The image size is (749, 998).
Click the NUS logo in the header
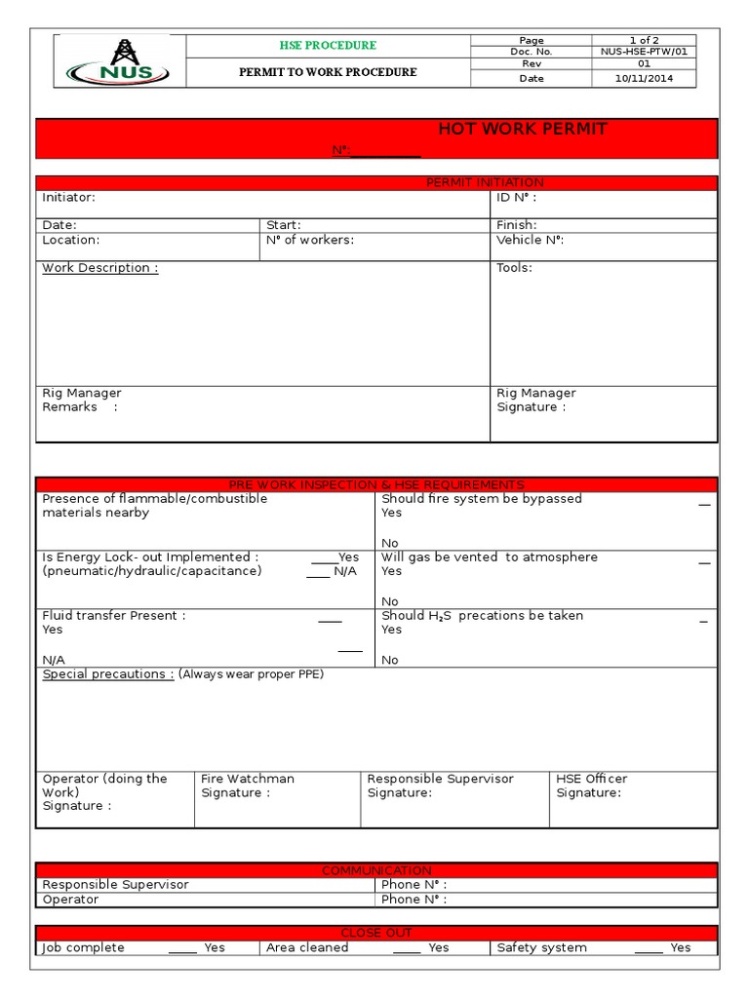point(119,60)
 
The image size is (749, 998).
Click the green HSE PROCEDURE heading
point(327,46)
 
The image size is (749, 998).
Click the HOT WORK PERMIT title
point(522,130)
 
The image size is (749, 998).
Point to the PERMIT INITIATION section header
point(485,183)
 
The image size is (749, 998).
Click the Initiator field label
point(68,198)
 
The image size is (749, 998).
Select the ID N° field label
point(516,198)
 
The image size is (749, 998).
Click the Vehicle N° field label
point(530,240)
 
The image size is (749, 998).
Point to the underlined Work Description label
point(99,268)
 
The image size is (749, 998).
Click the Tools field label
point(514,268)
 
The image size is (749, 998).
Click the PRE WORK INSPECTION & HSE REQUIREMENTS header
point(376,484)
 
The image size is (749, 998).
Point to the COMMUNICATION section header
point(376,870)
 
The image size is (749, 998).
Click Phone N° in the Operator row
point(414,900)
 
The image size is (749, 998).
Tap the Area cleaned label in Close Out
point(307,947)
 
